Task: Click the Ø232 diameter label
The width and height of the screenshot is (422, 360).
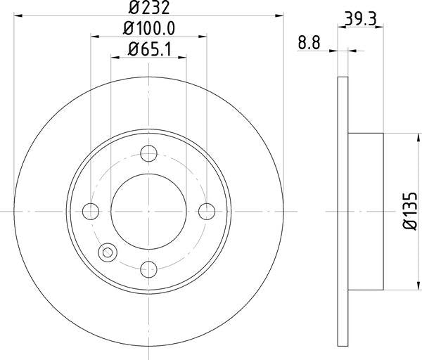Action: [x=149, y=8]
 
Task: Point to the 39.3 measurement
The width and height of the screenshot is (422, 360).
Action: [x=361, y=20]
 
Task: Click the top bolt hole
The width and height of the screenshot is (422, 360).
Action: [x=149, y=154]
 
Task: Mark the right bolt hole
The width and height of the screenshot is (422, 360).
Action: [x=206, y=211]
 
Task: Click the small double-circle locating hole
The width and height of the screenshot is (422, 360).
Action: [x=108, y=252]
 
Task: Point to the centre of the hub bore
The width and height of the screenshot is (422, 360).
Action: [x=149, y=211]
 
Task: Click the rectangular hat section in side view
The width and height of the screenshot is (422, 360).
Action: [x=366, y=211]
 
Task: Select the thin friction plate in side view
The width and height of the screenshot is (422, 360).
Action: [x=343, y=211]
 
